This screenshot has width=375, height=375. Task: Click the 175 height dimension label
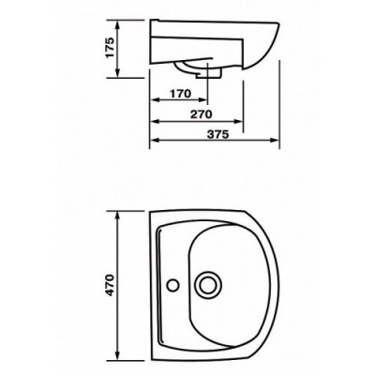[x=110, y=48]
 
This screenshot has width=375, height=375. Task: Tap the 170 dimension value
[x=180, y=94]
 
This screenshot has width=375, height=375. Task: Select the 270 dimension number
[x=202, y=114]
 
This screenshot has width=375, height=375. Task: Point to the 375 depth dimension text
[x=218, y=134]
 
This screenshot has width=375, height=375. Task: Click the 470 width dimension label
[x=110, y=285]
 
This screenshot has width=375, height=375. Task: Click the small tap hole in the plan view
[x=172, y=285]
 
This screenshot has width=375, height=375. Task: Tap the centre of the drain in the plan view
[x=206, y=285]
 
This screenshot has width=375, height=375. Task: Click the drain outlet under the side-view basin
[x=209, y=74]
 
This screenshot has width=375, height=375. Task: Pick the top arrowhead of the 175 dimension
[x=117, y=24]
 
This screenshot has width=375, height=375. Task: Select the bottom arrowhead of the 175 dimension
[x=117, y=73]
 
